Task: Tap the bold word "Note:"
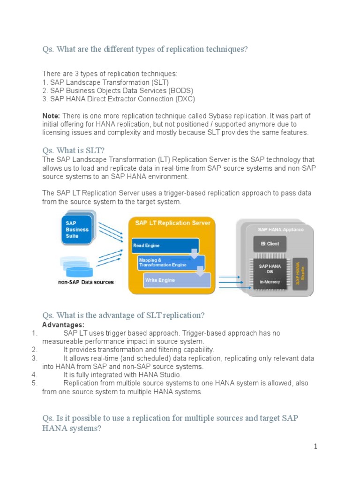click(x=51, y=116)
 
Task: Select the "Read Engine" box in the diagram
click(x=165, y=246)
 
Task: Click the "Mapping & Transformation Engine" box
click(x=171, y=262)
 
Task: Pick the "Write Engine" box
click(x=176, y=280)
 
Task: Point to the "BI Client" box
click(x=270, y=244)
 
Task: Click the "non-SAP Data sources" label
click(x=85, y=282)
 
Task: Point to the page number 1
click(x=315, y=446)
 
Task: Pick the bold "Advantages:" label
click(x=63, y=325)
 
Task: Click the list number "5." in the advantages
click(x=34, y=383)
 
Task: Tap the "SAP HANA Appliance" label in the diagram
click(x=280, y=230)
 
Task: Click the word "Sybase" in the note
click(x=218, y=116)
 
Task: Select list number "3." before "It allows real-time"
click(x=34, y=358)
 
